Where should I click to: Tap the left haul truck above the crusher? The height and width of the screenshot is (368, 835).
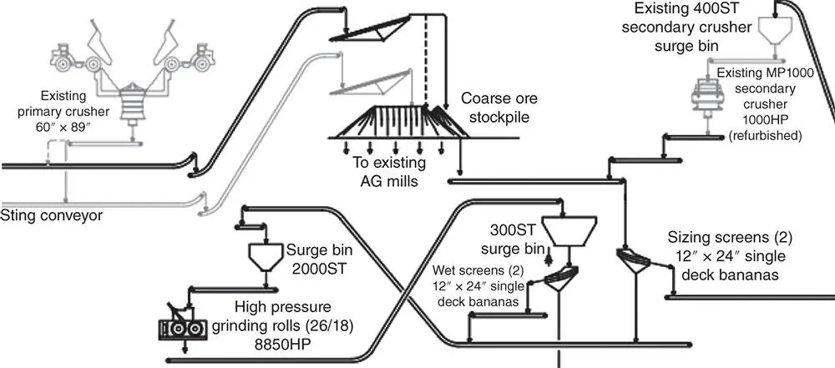71,58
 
